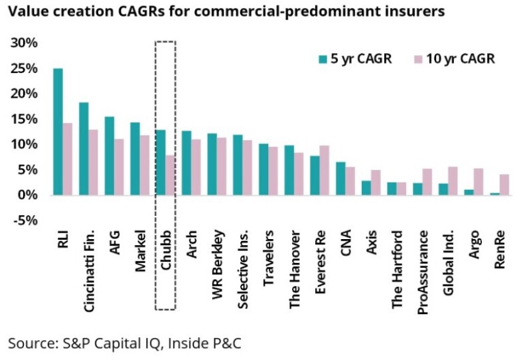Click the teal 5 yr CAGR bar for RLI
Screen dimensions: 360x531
(58, 132)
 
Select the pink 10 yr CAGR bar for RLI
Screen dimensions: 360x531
(67, 159)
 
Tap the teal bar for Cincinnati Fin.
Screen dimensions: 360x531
(84, 148)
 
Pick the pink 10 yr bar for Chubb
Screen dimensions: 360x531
(170, 175)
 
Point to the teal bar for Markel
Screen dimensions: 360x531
(135, 158)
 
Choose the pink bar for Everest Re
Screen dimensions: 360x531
(324, 170)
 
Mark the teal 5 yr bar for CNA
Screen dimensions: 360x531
(341, 178)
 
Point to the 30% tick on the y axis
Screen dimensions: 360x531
(25, 43)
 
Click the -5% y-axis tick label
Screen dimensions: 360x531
(25, 220)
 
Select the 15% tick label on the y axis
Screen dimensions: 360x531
(25, 119)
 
